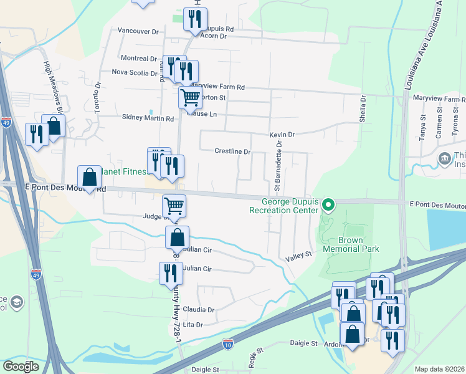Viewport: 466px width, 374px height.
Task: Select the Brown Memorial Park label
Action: coord(351,244)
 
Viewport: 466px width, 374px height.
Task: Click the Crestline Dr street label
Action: coord(232,151)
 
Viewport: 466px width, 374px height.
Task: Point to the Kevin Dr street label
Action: coord(282,135)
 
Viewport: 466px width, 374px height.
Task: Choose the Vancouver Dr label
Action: coord(138,31)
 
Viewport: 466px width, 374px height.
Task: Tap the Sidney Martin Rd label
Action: coord(148,118)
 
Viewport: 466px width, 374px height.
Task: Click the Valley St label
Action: coord(298,255)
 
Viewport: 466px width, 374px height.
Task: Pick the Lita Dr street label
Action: coord(193,325)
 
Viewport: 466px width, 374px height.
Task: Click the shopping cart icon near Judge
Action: coord(174,205)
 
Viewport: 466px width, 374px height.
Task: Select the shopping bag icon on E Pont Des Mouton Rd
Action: coord(90,176)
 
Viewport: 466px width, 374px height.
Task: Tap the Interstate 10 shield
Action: coord(229,343)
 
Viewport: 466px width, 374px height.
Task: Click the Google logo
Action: coord(21,367)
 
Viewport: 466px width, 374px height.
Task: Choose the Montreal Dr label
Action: coord(138,59)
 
